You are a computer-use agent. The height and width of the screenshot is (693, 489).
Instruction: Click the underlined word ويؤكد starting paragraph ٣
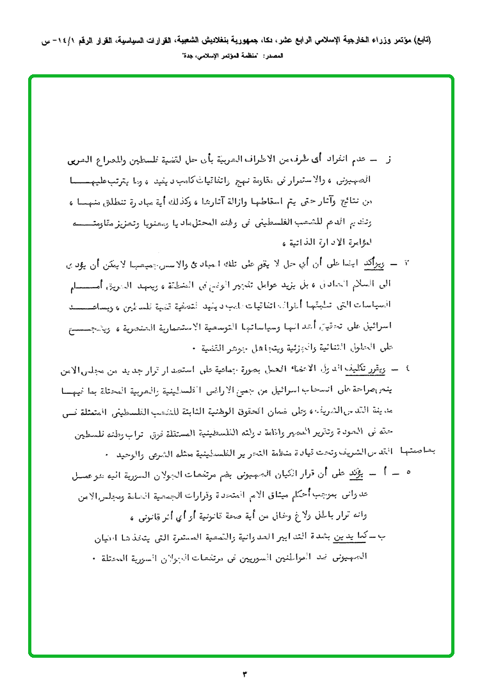371,264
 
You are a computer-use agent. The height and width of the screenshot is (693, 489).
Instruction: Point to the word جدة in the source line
190,56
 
